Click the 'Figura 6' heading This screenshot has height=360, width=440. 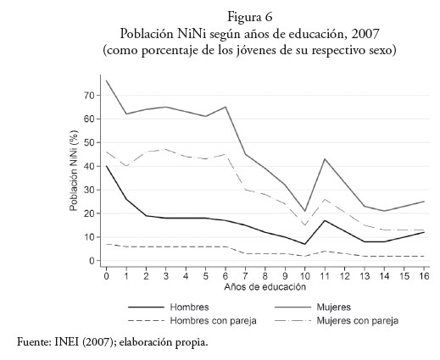249,17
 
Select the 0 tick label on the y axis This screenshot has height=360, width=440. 92,261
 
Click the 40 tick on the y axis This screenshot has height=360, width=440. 89,166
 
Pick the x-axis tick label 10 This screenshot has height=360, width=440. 304,276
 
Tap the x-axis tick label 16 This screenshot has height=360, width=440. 424,276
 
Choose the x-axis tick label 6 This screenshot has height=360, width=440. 226,276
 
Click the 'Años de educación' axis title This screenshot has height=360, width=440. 265,287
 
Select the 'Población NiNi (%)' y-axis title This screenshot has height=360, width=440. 74,170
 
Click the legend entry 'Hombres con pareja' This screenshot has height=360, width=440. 214,321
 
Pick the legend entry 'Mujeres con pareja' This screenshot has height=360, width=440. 358,321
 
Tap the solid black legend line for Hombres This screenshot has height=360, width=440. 146,307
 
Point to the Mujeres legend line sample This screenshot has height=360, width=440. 292,307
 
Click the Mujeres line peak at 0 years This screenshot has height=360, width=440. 107,80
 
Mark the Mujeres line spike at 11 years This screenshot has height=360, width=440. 325,158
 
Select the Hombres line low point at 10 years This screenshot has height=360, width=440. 304,244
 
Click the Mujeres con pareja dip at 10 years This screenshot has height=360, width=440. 304,225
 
